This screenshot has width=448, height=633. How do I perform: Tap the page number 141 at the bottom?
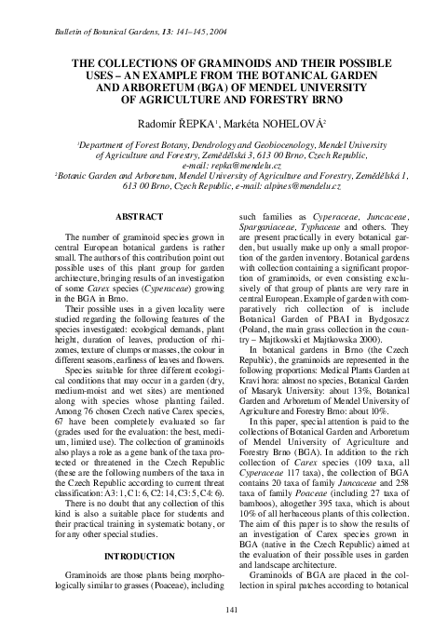pyautogui.click(x=224, y=609)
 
